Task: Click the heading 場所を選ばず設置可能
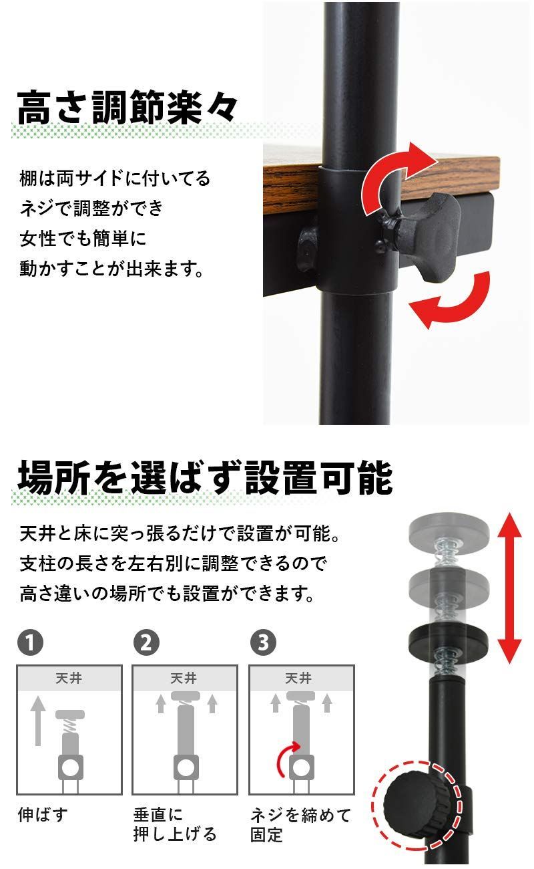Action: pyautogui.click(x=204, y=477)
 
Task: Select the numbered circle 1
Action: pyautogui.click(x=30, y=643)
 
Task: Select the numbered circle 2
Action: pyautogui.click(x=146, y=643)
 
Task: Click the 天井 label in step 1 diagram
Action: pyautogui.click(x=69, y=678)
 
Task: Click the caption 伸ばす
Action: pyautogui.click(x=43, y=815)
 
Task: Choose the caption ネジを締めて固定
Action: pyautogui.click(x=300, y=824)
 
